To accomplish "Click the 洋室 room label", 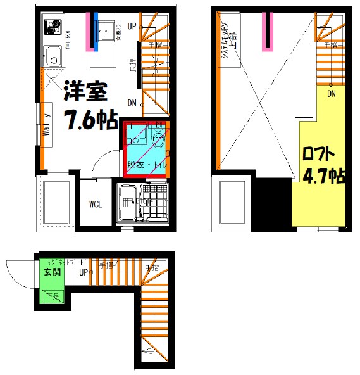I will (85, 93).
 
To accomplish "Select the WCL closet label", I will (96, 204).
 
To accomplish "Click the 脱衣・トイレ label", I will (146, 164).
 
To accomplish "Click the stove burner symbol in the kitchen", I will (50, 28).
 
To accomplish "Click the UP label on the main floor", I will (132, 26).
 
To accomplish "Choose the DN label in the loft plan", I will (331, 94).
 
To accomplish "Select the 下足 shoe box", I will (50, 295).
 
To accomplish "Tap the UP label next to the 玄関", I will (83, 273).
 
